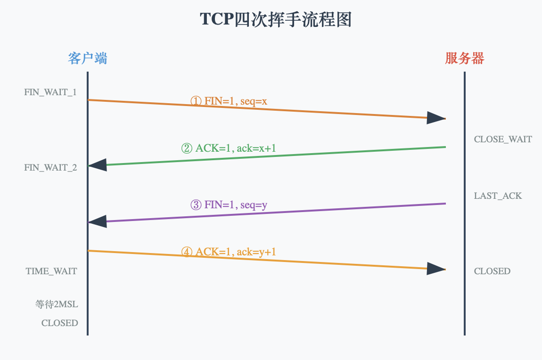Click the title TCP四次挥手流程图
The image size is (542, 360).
276,20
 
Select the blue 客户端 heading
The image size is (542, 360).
87,58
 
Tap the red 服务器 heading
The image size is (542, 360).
464,58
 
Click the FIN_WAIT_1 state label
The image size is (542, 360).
50,92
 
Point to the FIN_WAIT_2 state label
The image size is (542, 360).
50,168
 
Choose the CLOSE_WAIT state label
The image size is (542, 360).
503,139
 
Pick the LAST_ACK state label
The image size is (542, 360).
498,196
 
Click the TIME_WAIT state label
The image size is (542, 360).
51,271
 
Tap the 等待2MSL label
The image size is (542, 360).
57,304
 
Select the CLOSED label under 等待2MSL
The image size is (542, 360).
60,323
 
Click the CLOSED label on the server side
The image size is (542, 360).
492,271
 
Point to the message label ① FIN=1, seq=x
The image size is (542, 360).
229,101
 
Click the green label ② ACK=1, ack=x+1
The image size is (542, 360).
229,148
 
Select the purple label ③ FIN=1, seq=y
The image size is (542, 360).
229,205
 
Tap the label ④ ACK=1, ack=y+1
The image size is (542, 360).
229,252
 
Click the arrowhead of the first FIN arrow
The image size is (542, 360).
435,118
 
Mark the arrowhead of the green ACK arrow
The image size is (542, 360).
98,165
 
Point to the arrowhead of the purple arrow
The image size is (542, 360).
98,222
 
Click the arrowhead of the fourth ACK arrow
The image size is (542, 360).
435,269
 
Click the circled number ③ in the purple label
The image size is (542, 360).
196,205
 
